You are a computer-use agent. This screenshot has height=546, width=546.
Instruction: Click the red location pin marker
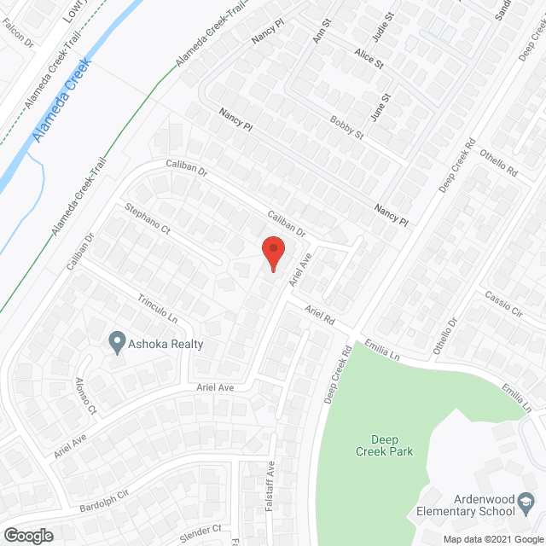(x=272, y=253)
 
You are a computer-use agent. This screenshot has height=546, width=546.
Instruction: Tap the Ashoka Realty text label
(x=166, y=344)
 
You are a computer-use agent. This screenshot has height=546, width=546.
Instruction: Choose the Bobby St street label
(x=347, y=129)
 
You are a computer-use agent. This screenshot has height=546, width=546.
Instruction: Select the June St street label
(x=381, y=107)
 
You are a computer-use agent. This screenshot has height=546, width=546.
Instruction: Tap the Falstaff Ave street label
(x=271, y=482)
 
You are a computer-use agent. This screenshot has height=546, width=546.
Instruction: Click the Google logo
(x=27, y=535)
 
